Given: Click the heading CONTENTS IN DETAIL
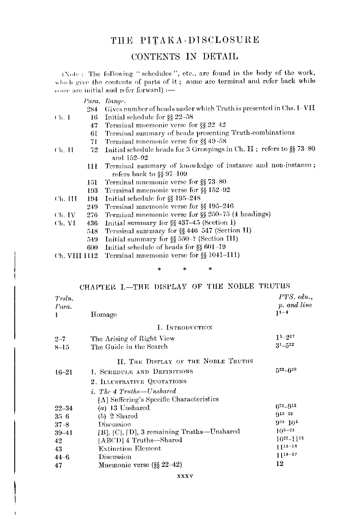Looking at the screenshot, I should click(x=185, y=56).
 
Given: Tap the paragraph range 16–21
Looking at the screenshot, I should click(x=64, y=371).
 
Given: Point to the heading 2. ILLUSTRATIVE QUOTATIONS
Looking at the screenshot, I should click(x=139, y=381).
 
